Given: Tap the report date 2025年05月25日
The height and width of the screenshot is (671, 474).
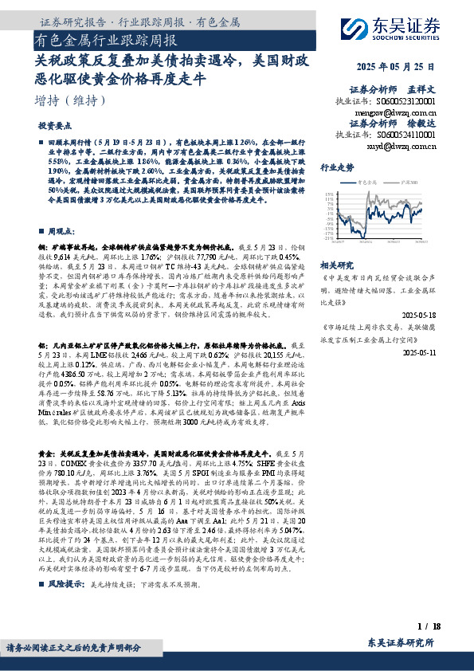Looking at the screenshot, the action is (397, 66).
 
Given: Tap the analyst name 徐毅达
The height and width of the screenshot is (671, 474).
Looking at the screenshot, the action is (423, 124).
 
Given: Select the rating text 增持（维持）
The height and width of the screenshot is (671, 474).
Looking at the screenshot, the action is (71, 100).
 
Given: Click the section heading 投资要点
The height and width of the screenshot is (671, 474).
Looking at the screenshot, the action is (54, 126).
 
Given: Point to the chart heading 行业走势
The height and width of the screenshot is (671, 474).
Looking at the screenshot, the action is (336, 168).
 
